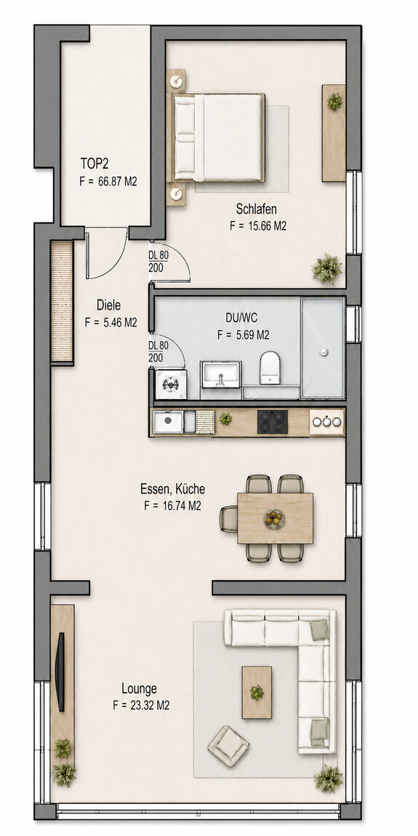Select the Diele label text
[108, 305]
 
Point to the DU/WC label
[241, 319]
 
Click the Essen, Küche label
[172, 489]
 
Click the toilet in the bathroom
[270, 368]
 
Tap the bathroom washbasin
[221, 374]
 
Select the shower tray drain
[322, 352]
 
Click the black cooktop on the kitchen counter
[273, 422]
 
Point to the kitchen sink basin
[168, 422]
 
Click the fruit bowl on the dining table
[274, 518]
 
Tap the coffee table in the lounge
[257, 692]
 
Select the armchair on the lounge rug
[228, 746]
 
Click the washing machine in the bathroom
[171, 385]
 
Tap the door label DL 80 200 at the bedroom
[158, 261]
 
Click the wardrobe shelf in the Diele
[61, 301]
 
